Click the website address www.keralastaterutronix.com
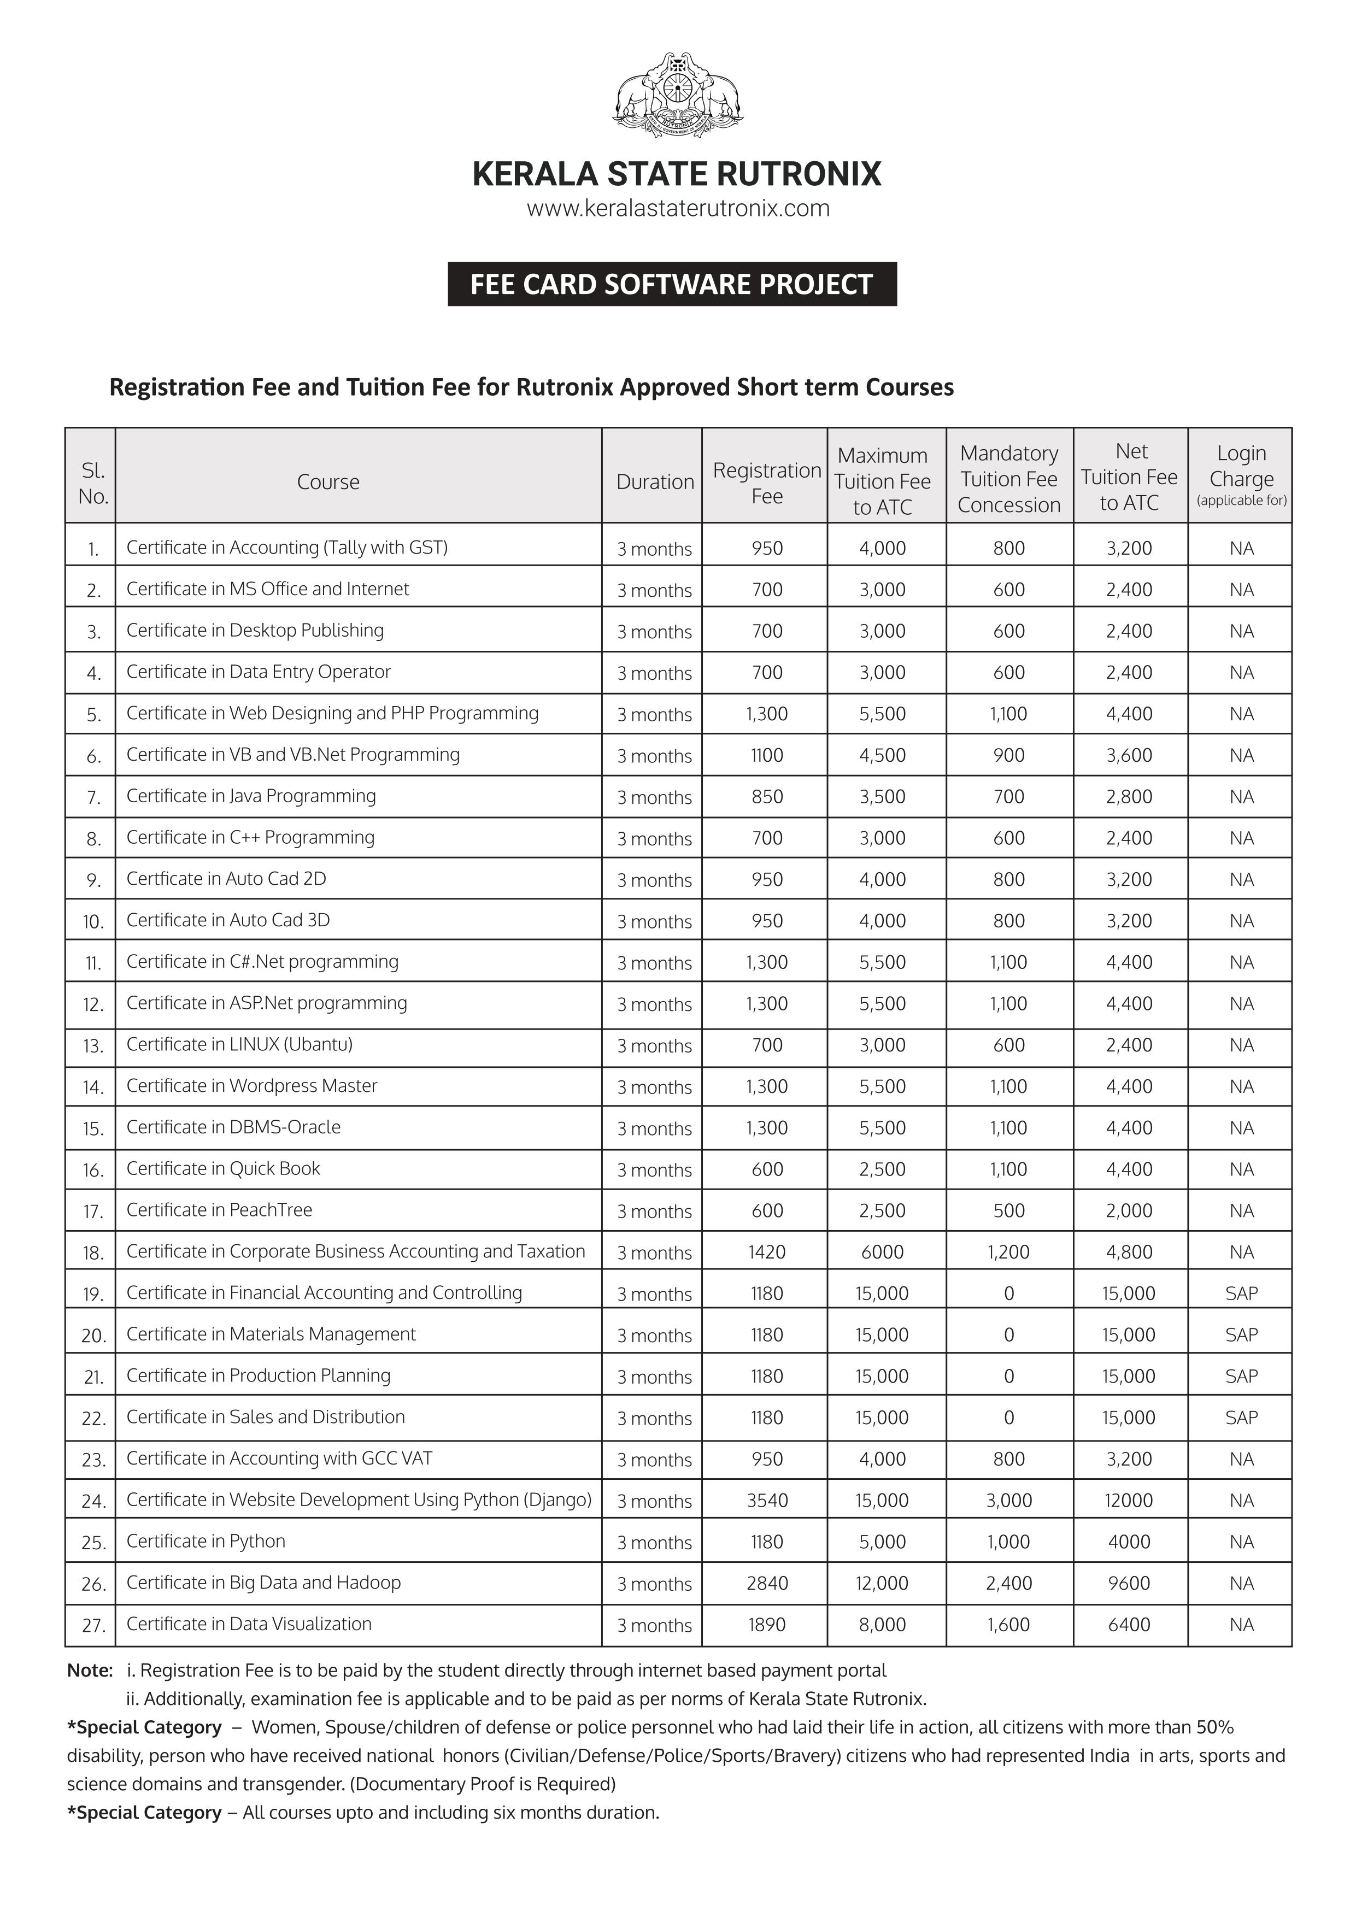pyautogui.click(x=677, y=209)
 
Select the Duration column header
pyautogui.click(x=655, y=482)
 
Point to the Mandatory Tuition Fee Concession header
pyautogui.click(x=1008, y=479)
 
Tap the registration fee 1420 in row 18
pyautogui.click(x=766, y=1251)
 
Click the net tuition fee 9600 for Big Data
pyautogui.click(x=1128, y=1583)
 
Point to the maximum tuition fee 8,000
pyautogui.click(x=882, y=1625)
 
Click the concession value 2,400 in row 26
pyautogui.click(x=1008, y=1583)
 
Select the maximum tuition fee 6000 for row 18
pyautogui.click(x=882, y=1251)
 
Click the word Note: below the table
pyautogui.click(x=89, y=1671)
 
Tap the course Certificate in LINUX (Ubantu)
pyautogui.click(x=239, y=1044)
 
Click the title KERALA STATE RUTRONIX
pyautogui.click(x=676, y=174)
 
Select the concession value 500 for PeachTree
pyautogui.click(x=1008, y=1210)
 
